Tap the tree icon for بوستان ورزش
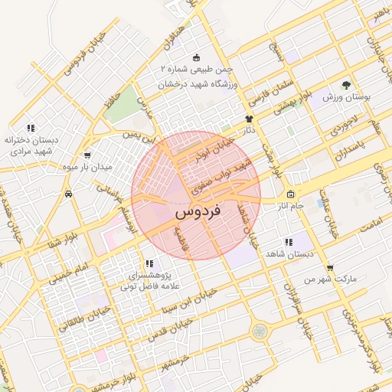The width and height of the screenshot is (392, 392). [x=347, y=85]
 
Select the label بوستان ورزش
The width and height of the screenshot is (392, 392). [x=346, y=98]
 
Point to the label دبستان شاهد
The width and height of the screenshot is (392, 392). [x=288, y=253]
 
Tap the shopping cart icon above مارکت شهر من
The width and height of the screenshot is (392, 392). [x=330, y=268]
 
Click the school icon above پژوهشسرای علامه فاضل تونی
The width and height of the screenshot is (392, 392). [x=149, y=263]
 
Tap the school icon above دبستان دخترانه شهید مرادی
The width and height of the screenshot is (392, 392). [x=30, y=128]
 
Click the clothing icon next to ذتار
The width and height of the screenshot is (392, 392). [x=249, y=118]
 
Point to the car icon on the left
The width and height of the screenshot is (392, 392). [x=69, y=194]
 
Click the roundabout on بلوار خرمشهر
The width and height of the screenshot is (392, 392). [x=261, y=332]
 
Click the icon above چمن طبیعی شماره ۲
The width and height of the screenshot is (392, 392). [x=197, y=57]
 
